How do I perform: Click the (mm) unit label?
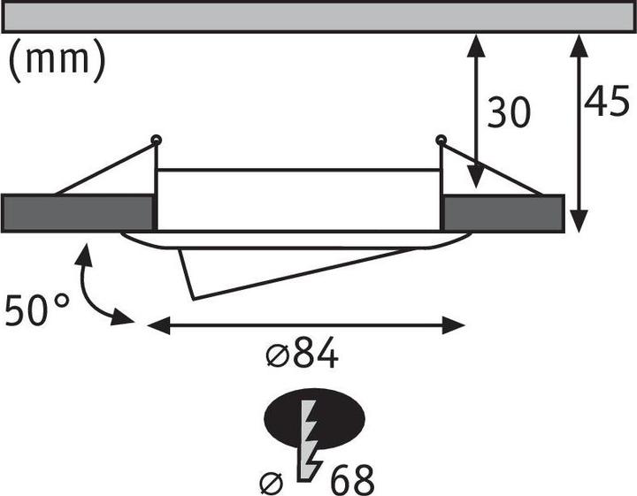pos(57,60)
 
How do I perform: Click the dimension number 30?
pos(509,112)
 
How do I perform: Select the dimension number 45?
pos(607,101)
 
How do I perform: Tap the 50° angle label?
pos(37,310)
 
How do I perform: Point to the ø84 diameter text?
pos(303,353)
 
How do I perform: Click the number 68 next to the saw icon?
pos(352,480)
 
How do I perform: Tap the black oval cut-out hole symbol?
pos(314,417)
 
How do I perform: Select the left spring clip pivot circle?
pos(156,141)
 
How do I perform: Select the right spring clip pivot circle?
pos(441,141)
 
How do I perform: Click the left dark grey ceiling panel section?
pos(78,213)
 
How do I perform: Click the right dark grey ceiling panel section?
pos(503,213)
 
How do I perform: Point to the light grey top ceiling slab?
pos(318,16)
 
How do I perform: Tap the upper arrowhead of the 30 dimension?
pos(476,43)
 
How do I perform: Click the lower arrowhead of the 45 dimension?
pos(579,222)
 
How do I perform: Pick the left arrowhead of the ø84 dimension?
pos(158,325)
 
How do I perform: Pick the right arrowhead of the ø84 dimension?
pos(453,325)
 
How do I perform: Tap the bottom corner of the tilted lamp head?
pos(193,299)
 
